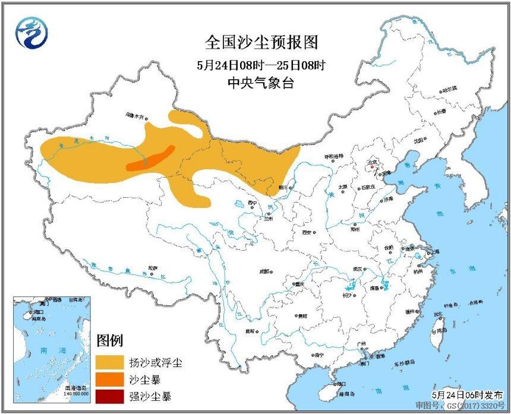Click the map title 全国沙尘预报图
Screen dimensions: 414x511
tap(261, 42)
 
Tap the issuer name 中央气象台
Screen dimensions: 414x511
tap(261, 84)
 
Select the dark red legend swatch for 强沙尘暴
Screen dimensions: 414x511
tap(109, 396)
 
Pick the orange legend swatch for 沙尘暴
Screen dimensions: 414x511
tap(109, 378)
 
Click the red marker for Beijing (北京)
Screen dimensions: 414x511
tap(371, 167)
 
